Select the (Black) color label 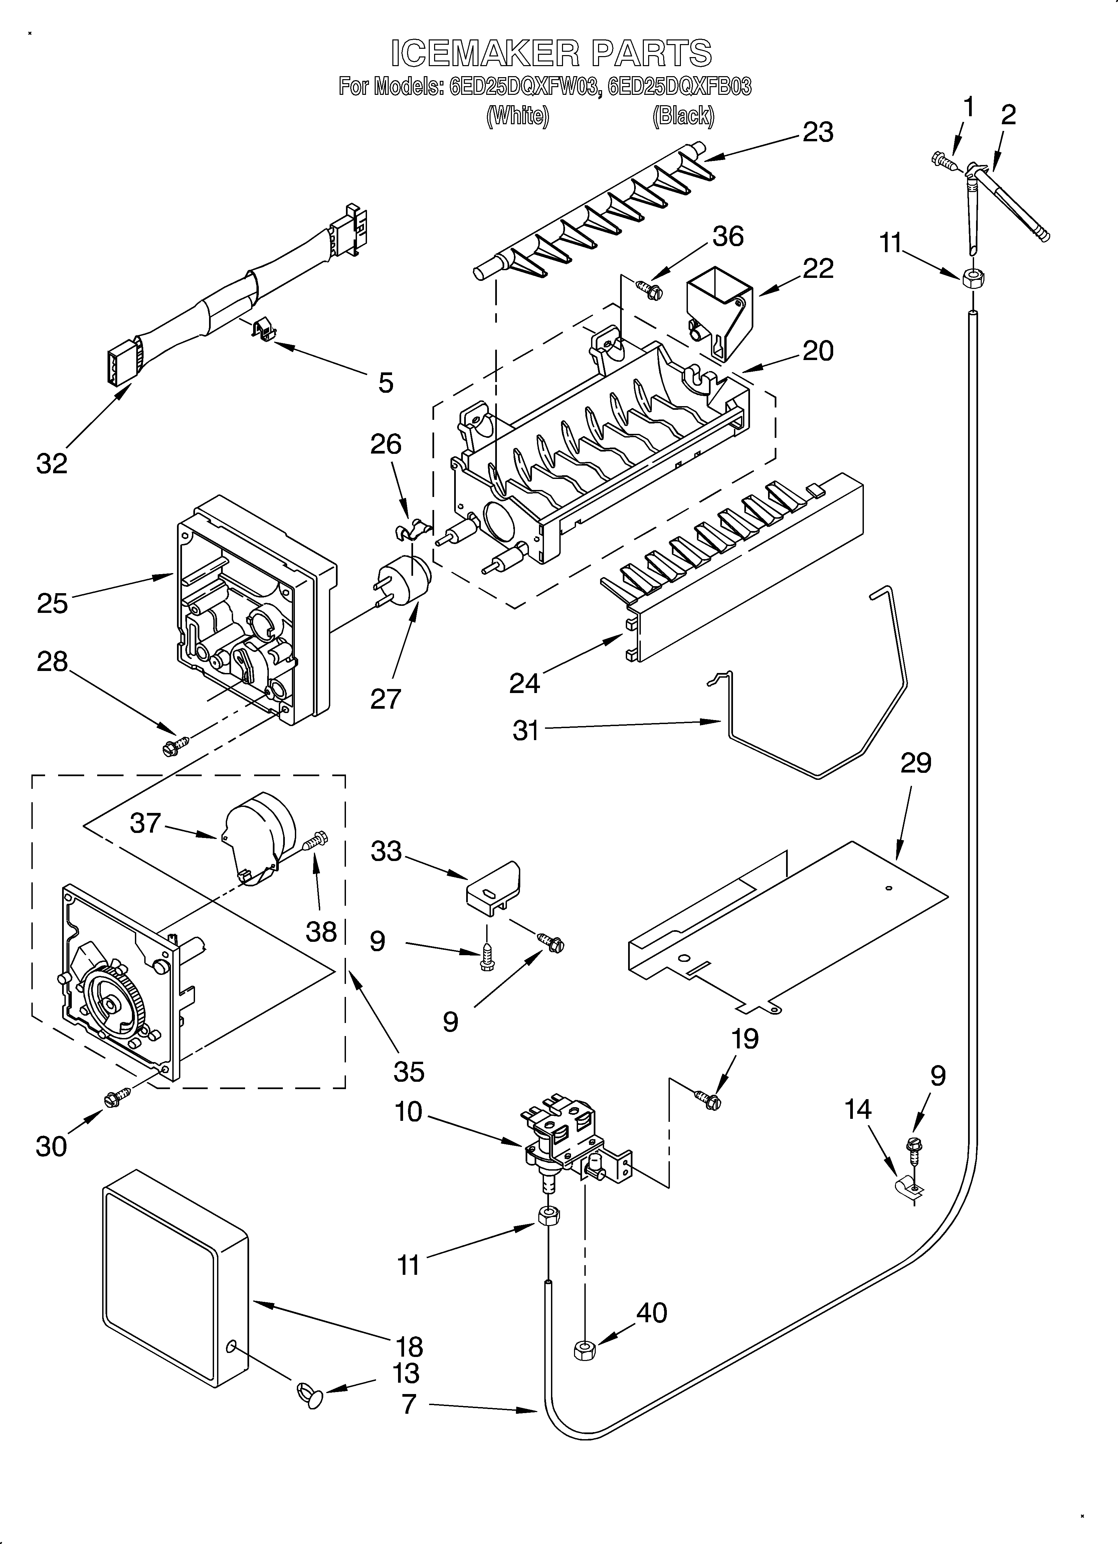coord(683,117)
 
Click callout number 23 coord(818,132)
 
